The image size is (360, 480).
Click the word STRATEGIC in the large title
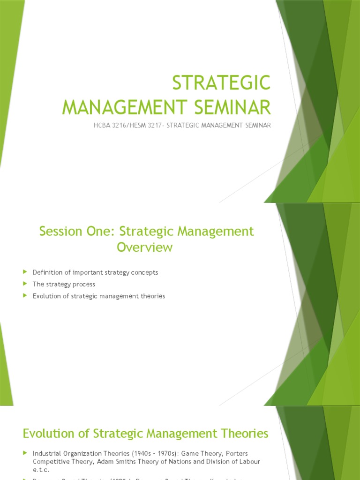click(x=221, y=83)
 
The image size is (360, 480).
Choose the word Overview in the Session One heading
click(x=145, y=247)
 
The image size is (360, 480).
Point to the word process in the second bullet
click(x=84, y=285)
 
